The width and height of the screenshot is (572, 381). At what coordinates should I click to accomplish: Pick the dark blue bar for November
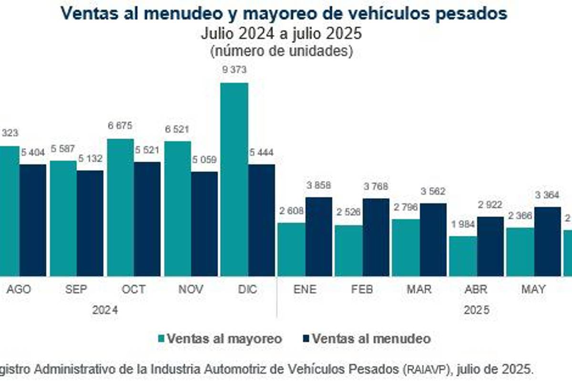(x=204, y=224)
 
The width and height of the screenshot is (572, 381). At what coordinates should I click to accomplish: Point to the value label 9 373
(x=234, y=70)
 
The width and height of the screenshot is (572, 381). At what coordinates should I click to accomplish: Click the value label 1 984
(x=463, y=224)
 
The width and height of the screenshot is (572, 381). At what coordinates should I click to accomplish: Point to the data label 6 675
(x=120, y=126)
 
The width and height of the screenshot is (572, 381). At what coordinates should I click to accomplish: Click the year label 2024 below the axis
(x=105, y=310)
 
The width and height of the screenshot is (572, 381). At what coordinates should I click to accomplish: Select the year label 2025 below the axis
(x=477, y=310)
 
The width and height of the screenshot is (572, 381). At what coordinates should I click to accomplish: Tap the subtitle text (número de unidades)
(x=282, y=50)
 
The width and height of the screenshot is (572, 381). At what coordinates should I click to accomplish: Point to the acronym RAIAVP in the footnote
(x=428, y=369)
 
